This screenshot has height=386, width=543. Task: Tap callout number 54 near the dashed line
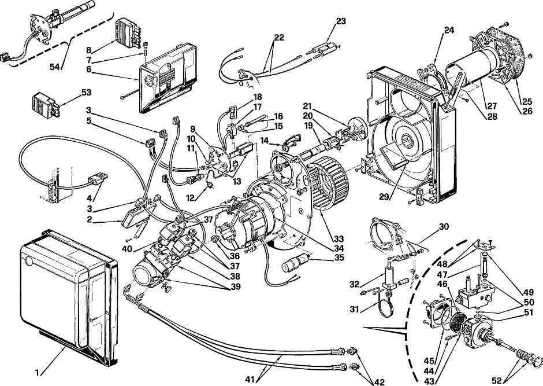[55, 67]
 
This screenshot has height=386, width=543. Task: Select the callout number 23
[341, 21]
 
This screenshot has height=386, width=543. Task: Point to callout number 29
[384, 197]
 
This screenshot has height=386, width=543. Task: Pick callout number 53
[86, 93]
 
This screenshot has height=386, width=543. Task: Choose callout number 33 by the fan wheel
[339, 239]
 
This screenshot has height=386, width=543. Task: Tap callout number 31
[354, 308]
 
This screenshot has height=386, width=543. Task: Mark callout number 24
[449, 31]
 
